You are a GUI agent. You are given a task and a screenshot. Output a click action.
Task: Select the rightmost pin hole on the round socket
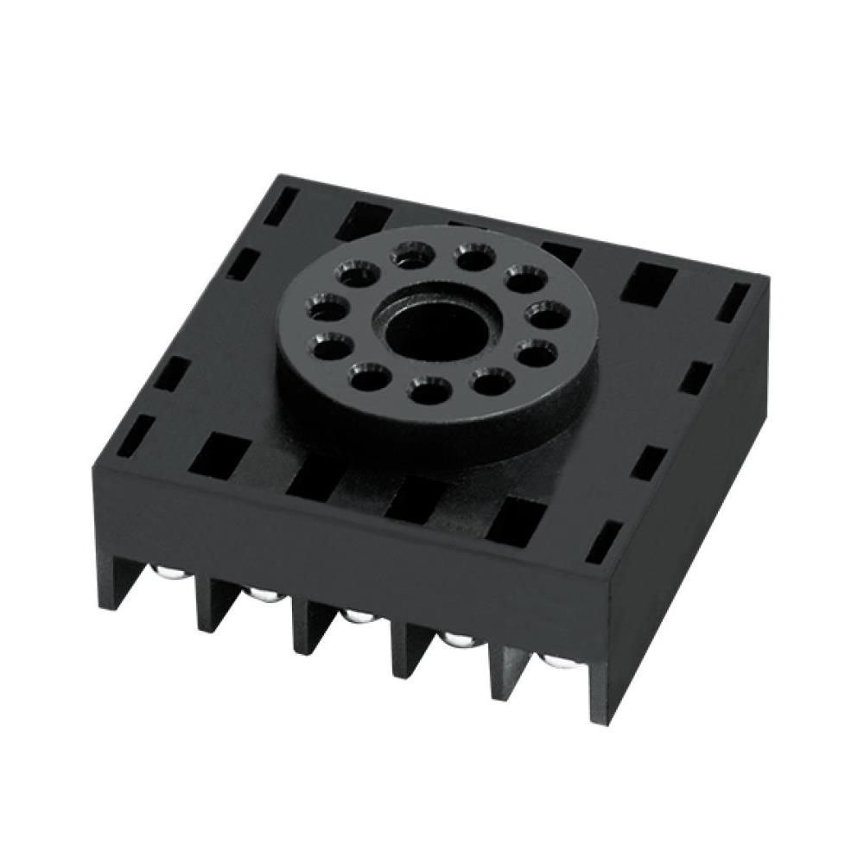coord(547,314)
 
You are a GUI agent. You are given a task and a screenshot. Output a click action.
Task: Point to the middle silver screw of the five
coord(357,616)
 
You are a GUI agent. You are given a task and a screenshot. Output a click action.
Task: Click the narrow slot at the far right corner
coord(733,302)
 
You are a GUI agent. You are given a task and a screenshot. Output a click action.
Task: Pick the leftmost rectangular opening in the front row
coord(219,456)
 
